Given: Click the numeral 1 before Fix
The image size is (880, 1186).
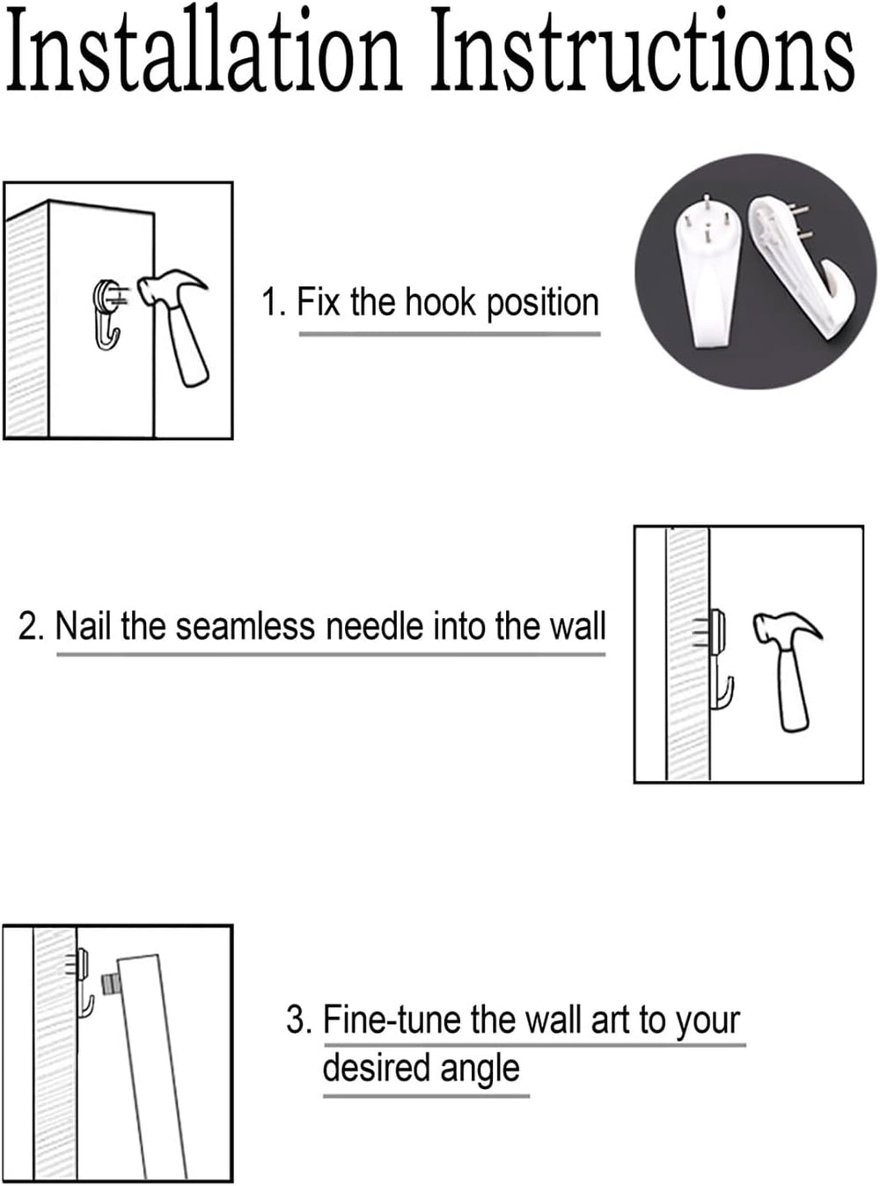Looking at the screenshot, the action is (269, 303).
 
